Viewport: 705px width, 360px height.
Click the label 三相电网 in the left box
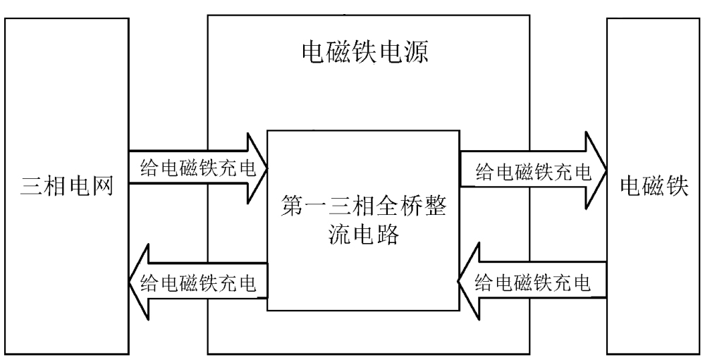[68, 188]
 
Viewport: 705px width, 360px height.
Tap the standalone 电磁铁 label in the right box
[654, 187]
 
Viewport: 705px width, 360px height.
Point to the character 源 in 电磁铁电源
[415, 53]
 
